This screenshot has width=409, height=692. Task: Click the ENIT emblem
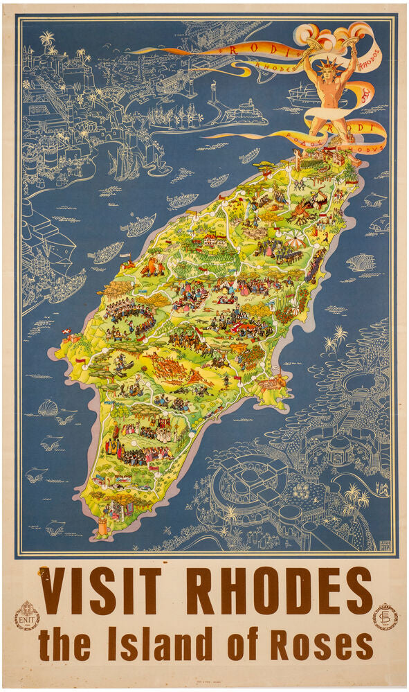(x=27, y=615)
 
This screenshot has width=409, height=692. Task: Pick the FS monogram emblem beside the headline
(x=385, y=616)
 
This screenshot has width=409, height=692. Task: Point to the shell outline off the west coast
(x=48, y=408)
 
